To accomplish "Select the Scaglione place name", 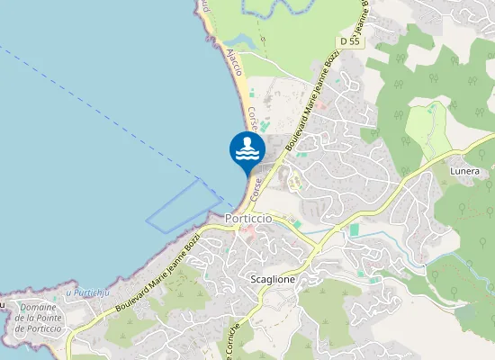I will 273,279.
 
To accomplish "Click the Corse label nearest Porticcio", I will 257,187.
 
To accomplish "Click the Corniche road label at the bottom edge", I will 232,343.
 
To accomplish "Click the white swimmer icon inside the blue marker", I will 247,148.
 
